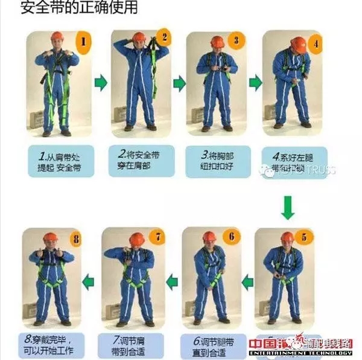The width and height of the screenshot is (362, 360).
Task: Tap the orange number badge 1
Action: click(x=84, y=43)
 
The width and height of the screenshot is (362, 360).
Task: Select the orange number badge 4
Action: click(x=314, y=43)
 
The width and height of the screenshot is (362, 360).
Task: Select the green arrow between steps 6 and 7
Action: click(x=172, y=280)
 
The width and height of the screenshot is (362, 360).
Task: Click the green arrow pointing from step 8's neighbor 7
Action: click(x=89, y=280)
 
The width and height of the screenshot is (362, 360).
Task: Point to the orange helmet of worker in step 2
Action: click(x=139, y=37)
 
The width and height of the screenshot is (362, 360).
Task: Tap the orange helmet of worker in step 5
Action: click(x=287, y=237)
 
